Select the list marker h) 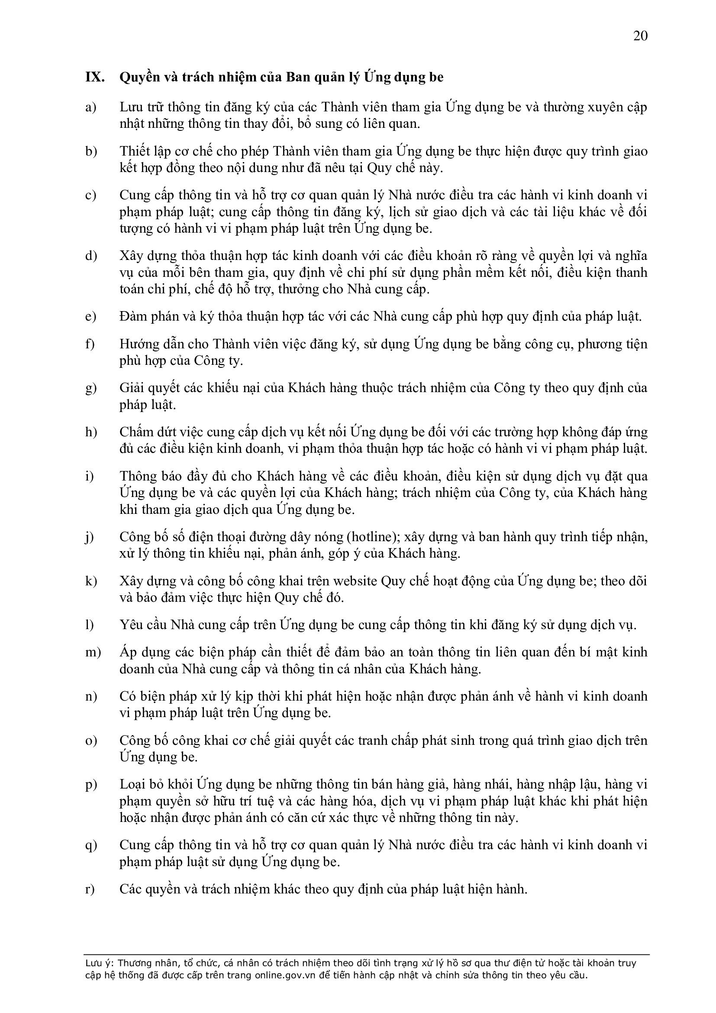tap(91, 432)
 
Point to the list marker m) tap(93, 652)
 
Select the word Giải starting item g tap(131, 388)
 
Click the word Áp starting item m tap(127, 652)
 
